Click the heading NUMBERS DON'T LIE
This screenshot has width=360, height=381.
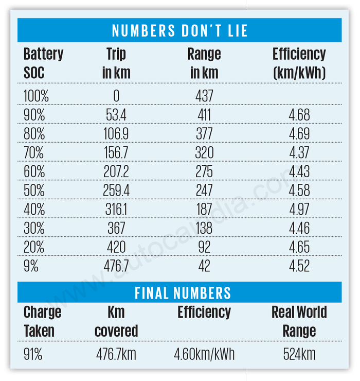click(x=179, y=31)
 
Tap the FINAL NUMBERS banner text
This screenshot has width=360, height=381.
click(x=183, y=293)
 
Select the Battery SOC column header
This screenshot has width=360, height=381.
click(x=43, y=63)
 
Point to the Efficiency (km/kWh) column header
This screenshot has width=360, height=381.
click(x=299, y=63)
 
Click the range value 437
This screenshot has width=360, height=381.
click(x=204, y=96)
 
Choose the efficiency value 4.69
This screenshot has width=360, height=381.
click(x=299, y=133)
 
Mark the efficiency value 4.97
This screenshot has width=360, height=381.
click(x=299, y=209)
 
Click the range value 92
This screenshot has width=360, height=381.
click(x=204, y=246)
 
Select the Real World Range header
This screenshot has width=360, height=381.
click(x=299, y=321)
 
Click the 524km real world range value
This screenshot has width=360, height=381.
click(x=299, y=354)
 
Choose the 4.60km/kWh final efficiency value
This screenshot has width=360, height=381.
click(x=204, y=354)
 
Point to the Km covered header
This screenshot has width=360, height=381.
click(x=116, y=321)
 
